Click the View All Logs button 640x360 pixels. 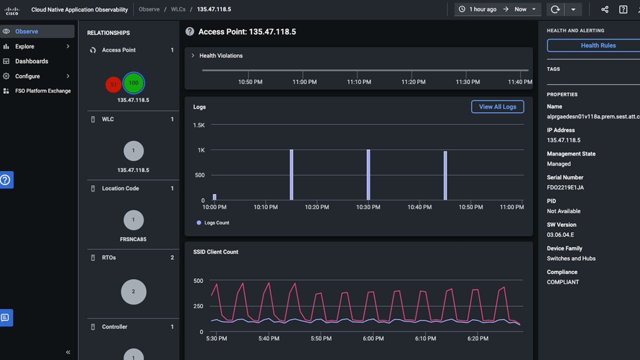click(x=497, y=106)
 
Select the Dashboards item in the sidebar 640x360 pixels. click(x=31, y=61)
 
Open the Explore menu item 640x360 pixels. click(x=25, y=46)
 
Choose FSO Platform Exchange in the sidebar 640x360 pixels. click(x=43, y=91)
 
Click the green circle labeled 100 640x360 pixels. click(x=133, y=83)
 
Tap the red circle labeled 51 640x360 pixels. click(x=113, y=84)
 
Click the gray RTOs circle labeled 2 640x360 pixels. click(x=133, y=291)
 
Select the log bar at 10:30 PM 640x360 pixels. click(x=368, y=175)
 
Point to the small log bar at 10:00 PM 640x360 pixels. click(x=214, y=197)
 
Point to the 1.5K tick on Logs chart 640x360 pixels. click(x=199, y=125)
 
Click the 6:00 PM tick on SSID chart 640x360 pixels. click(x=373, y=338)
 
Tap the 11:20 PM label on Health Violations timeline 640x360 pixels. click(x=413, y=82)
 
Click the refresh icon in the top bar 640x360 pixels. click(x=555, y=9)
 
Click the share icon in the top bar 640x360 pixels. click(x=604, y=9)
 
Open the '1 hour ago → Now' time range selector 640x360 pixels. click(x=497, y=9)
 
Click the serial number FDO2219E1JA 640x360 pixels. click(x=565, y=187)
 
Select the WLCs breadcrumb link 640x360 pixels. click(x=178, y=9)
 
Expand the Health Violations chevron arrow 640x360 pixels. click(x=193, y=55)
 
